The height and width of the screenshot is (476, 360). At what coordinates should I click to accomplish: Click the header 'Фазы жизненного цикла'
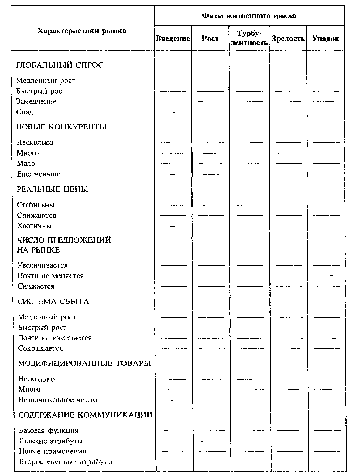pos(249,16)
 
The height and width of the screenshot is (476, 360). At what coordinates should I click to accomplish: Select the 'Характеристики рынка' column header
pos(82,31)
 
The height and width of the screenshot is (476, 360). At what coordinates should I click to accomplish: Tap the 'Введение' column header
pos(173,39)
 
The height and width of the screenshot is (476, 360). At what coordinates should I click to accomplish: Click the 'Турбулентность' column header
pos(249,38)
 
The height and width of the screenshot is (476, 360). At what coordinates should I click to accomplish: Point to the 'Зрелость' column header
pos(288,39)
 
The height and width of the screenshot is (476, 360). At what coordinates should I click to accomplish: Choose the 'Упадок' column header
pos(325,39)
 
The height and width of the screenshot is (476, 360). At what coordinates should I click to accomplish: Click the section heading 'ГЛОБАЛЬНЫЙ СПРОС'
pos(60,65)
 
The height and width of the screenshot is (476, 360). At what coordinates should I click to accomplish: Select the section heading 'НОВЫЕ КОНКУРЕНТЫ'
pos(61,127)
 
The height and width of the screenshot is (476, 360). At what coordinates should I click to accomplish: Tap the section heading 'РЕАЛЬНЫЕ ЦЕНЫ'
pos(53,189)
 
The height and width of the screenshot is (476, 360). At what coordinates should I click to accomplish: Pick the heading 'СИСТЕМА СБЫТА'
pos(53,302)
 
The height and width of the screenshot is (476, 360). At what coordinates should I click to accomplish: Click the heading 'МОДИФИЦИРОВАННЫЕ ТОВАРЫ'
pos(84,363)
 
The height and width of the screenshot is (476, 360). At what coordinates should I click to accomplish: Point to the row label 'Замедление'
pos(36,101)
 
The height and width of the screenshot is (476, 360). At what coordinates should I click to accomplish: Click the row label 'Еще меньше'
pos(39,174)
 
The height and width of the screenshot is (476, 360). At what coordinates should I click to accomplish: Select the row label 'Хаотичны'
pos(34,226)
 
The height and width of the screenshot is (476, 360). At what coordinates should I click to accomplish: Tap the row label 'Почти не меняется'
pos(51,276)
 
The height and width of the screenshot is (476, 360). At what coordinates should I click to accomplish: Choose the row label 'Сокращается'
pos(40,348)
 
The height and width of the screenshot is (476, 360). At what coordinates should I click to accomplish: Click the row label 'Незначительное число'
pos(58,400)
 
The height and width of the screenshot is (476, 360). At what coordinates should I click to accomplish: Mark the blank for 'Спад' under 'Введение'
pos(173,111)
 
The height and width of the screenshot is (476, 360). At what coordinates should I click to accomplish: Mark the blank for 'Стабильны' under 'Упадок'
pos(326,205)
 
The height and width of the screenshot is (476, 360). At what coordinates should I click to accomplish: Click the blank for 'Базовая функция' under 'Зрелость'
pos(290,430)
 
